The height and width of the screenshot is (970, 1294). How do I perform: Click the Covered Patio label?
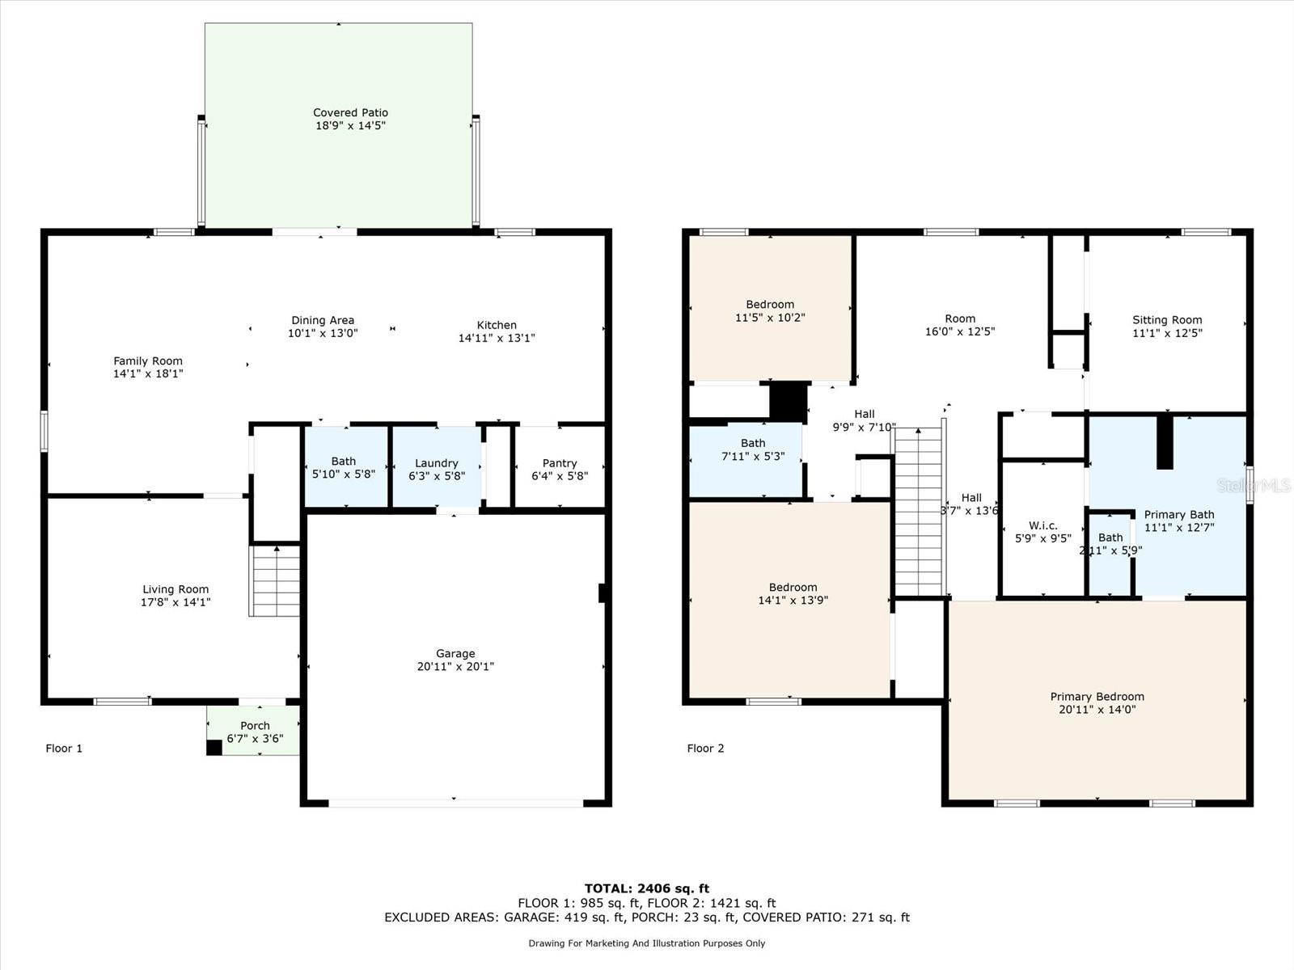[x=350, y=112]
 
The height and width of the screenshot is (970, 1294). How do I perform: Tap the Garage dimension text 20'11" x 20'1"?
[x=455, y=666]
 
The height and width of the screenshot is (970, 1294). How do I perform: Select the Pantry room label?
[x=560, y=463]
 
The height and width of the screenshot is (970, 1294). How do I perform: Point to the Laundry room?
[x=437, y=466]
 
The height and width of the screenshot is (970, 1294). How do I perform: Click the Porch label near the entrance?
[x=255, y=726]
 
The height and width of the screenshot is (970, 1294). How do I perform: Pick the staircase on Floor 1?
[x=275, y=581]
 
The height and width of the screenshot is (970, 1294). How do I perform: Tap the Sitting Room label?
[x=1167, y=320]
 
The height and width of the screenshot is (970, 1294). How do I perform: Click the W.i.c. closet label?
[x=1042, y=525]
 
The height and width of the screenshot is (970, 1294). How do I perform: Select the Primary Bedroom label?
[x=1097, y=696]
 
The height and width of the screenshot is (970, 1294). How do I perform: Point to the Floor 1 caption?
[x=64, y=748]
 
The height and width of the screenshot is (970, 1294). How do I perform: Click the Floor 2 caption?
[x=705, y=748]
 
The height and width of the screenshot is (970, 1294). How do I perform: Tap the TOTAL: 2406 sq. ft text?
[x=647, y=888]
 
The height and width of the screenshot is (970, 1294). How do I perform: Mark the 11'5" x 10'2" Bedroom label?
[x=769, y=310]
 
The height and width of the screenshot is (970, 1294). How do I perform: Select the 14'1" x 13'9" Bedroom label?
[x=793, y=593]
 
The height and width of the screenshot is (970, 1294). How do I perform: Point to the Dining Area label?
[x=323, y=320]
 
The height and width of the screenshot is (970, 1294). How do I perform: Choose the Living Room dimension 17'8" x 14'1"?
[x=175, y=602]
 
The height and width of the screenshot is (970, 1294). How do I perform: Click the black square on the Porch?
[x=214, y=748]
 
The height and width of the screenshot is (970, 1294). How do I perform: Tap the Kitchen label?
[x=497, y=324]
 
